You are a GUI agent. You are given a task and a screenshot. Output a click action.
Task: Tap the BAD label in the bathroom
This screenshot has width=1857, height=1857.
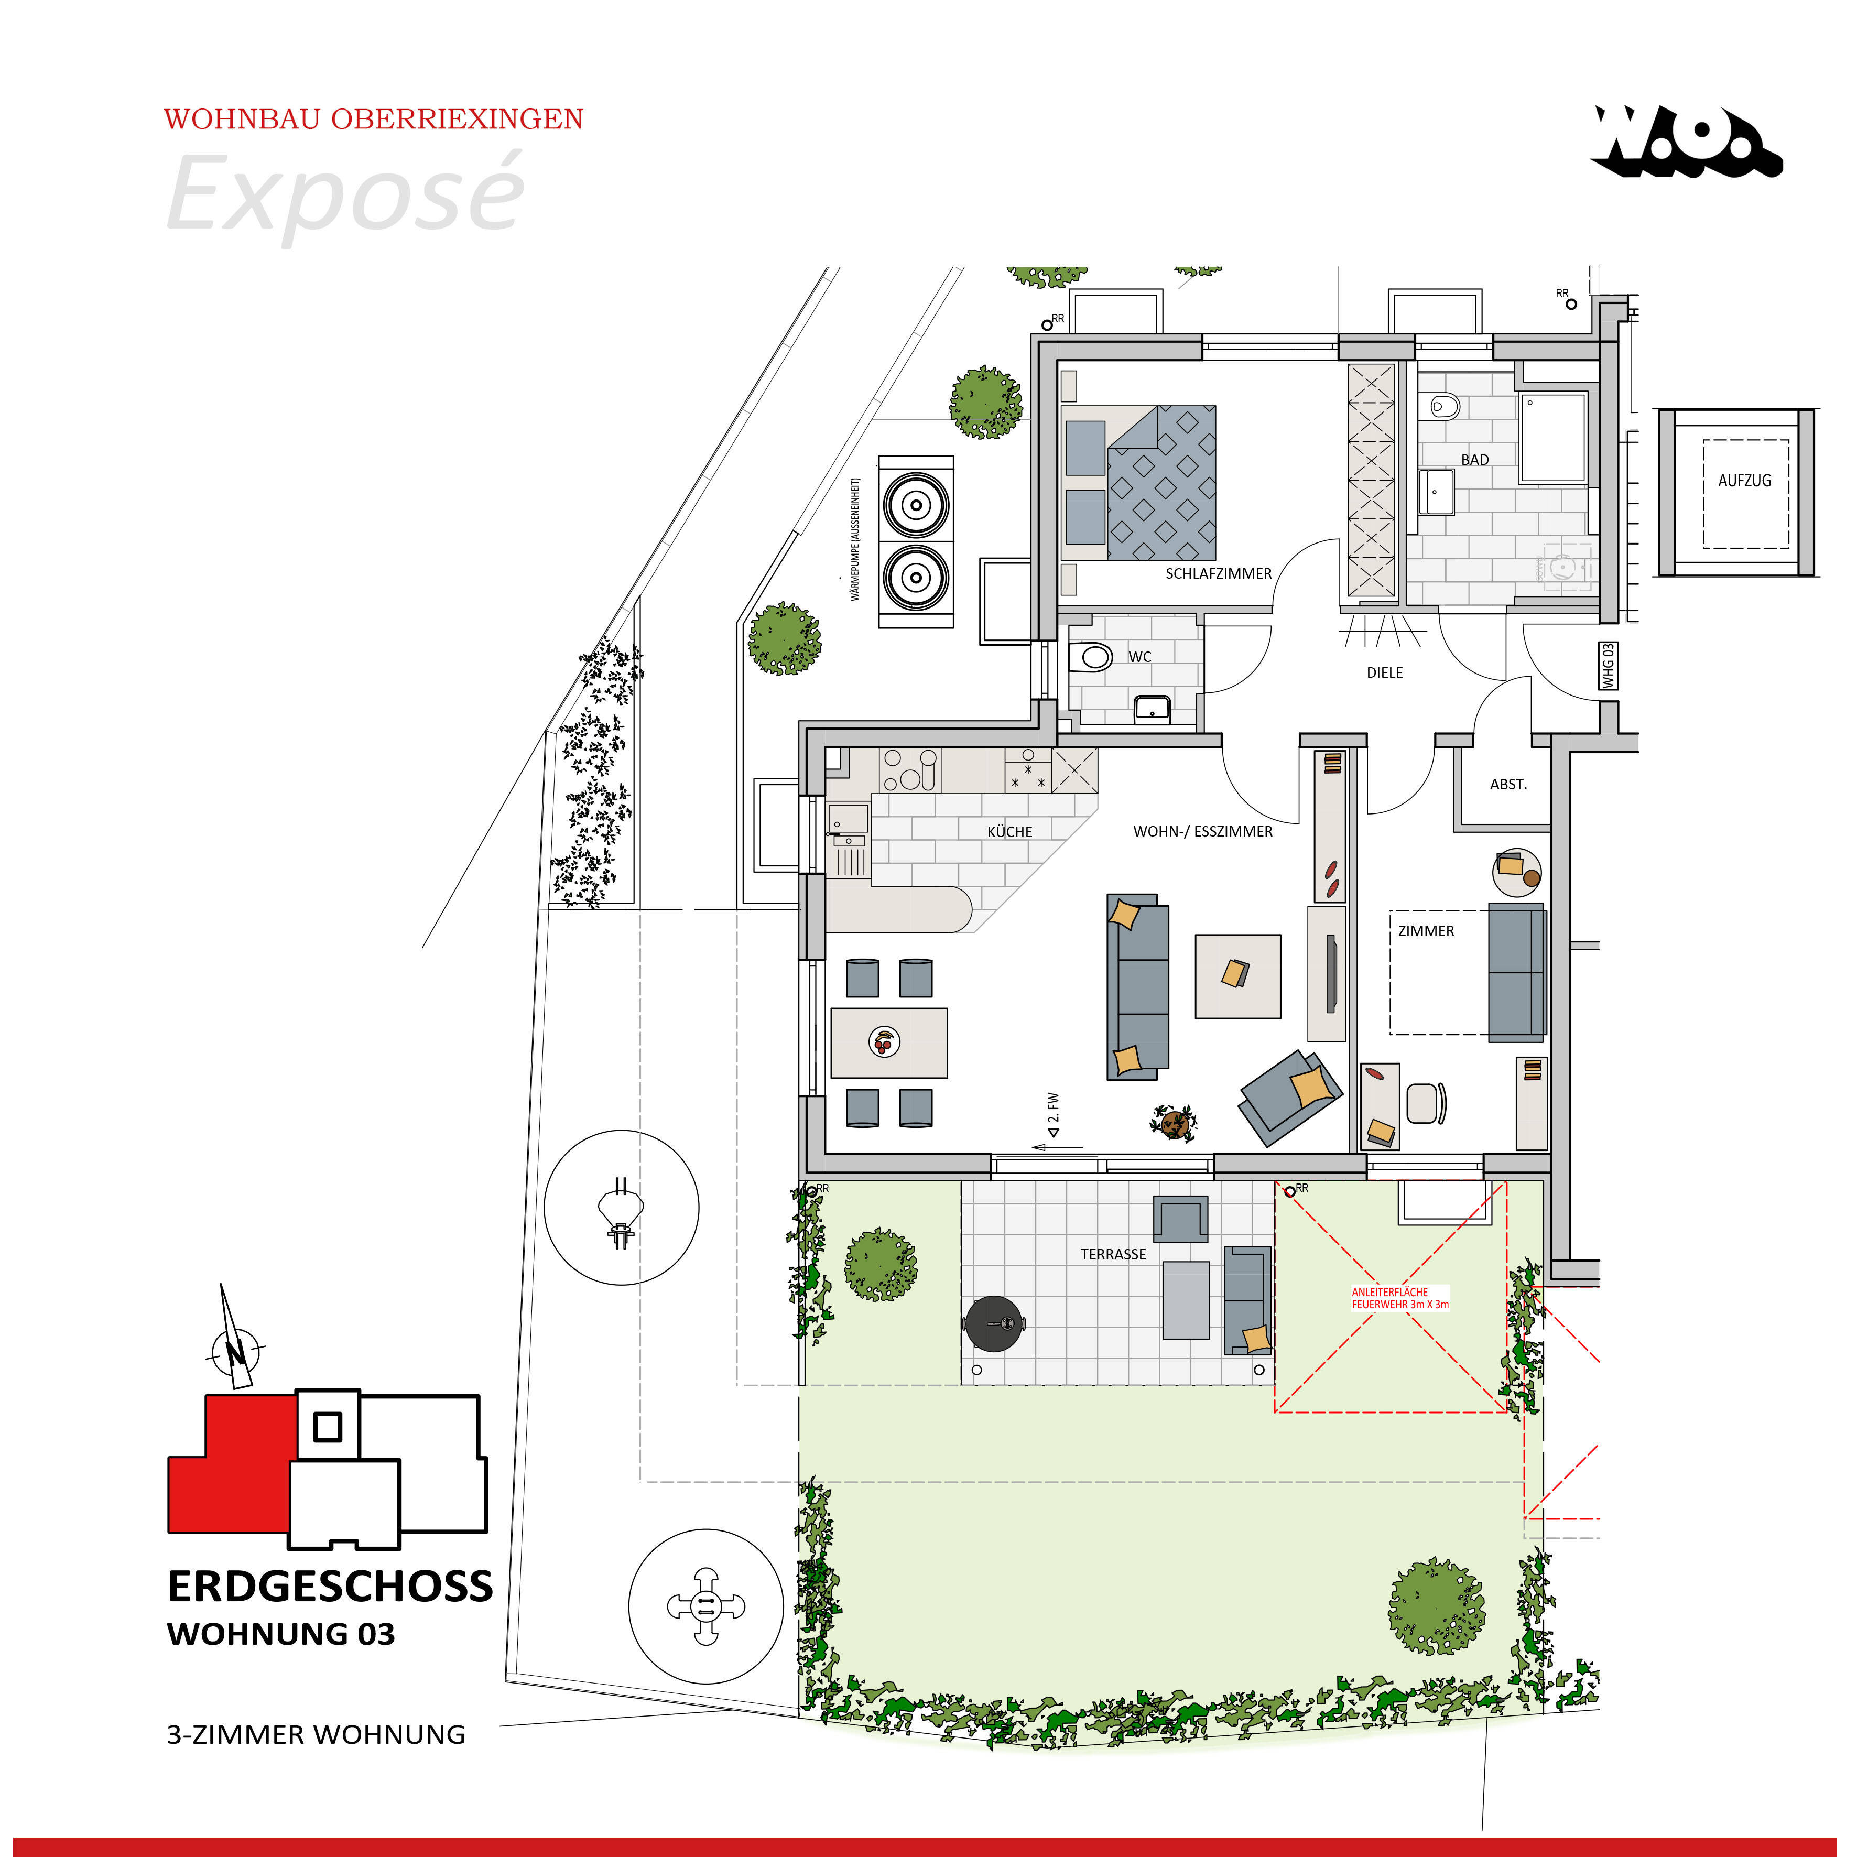(1474, 460)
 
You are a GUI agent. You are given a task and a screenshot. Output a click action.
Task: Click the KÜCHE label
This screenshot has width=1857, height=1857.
(1009, 831)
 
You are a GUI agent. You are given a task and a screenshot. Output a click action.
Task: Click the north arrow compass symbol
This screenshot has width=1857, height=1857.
(234, 1351)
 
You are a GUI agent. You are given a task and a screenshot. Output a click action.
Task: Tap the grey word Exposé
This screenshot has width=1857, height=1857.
(346, 194)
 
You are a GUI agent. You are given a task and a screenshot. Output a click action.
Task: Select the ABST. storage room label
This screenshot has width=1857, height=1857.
(1507, 784)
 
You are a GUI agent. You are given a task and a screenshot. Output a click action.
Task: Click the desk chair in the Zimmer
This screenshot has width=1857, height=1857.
(1426, 1102)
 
